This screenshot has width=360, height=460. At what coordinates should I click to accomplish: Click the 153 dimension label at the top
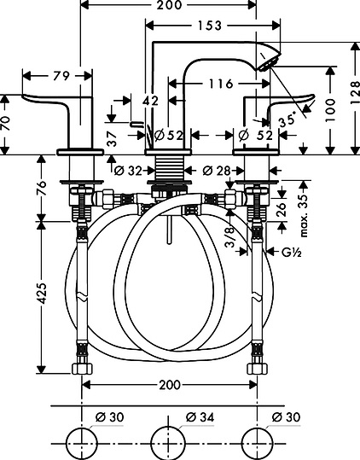click(210, 26)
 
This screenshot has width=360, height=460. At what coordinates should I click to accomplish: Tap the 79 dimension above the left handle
click(61, 76)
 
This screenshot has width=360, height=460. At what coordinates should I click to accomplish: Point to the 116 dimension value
click(221, 84)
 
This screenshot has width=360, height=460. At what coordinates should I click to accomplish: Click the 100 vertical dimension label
click(330, 110)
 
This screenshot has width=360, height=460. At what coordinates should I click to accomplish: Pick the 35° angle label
click(287, 120)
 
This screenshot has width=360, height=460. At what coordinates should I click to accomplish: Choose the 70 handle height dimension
click(6, 123)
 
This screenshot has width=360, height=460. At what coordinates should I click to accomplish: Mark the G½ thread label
click(292, 252)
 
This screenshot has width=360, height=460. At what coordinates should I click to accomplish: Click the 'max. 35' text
click(305, 215)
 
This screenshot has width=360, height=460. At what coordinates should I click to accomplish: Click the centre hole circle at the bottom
click(168, 443)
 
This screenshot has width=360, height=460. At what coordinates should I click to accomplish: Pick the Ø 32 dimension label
click(128, 171)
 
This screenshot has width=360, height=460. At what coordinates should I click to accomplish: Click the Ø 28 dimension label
click(217, 171)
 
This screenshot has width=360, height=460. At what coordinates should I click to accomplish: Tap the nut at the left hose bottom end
click(82, 369)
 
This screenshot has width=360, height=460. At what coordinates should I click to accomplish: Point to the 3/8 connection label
click(230, 236)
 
